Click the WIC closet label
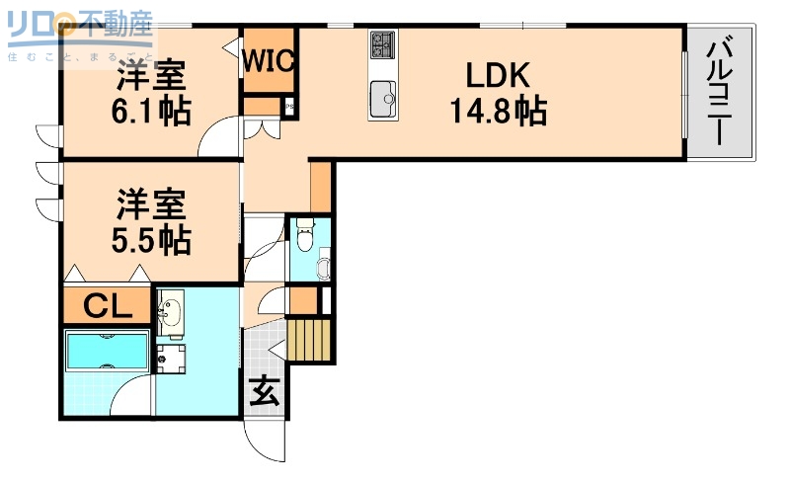[x=269, y=61]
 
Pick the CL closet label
[x=107, y=306]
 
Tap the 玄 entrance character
[x=264, y=392]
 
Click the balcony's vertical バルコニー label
[x=720, y=90]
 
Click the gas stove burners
[x=381, y=45]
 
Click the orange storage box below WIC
[x=262, y=107]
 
